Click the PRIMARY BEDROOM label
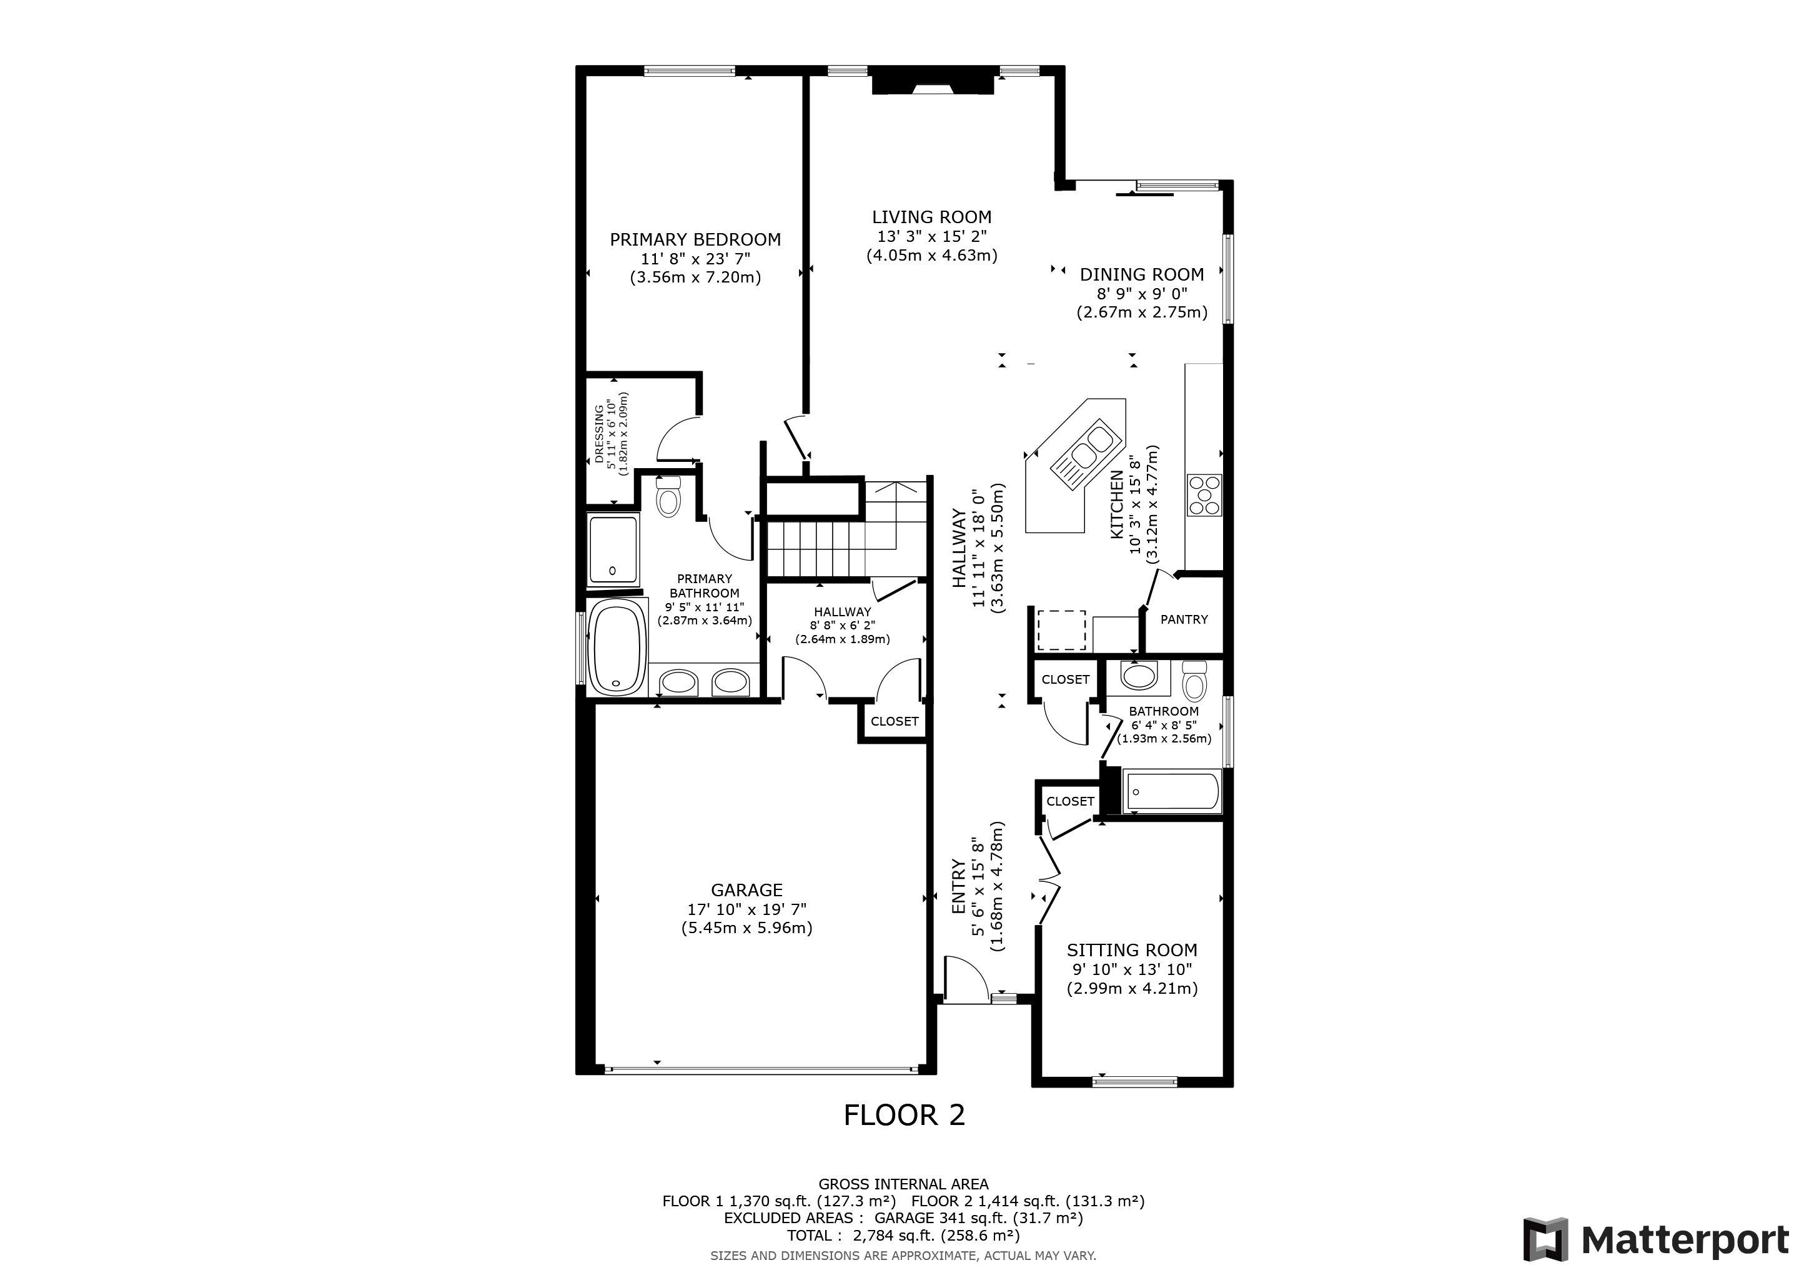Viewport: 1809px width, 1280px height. (695, 239)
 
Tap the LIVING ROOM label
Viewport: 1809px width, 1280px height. (931, 217)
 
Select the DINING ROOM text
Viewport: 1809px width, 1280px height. (1142, 274)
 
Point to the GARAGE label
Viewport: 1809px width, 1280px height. (746, 890)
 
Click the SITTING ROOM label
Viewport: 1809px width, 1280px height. (1131, 951)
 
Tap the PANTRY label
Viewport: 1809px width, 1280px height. (1184, 619)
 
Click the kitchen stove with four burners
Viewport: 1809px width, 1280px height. (1204, 495)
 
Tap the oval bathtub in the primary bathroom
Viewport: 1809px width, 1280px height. (618, 647)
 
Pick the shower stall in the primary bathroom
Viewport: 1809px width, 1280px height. (613, 549)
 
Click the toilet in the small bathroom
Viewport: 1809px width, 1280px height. (1195, 679)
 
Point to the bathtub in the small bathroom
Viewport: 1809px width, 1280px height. (1173, 792)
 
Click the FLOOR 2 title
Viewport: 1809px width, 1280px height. (904, 1115)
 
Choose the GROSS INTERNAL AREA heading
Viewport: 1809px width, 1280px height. (903, 1184)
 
